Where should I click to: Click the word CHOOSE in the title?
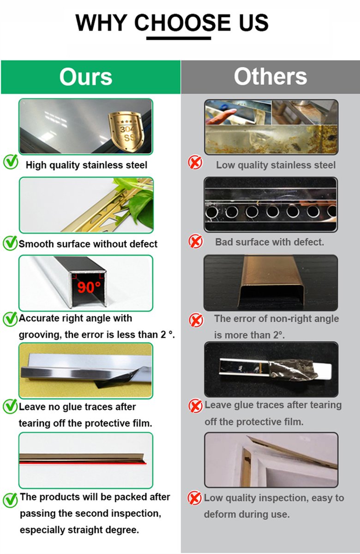[182, 23]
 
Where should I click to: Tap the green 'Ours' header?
[91, 77]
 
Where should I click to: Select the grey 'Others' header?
[270, 77]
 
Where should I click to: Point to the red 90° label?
[89, 287]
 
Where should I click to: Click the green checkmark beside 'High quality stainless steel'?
[11, 162]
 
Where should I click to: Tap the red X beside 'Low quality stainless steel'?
[195, 162]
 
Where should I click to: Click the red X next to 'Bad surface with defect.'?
[196, 241]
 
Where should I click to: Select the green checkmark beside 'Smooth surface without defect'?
[10, 243]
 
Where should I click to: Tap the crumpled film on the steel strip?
[293, 369]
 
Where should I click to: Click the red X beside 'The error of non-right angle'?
[196, 320]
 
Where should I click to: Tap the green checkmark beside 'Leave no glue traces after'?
[10, 406]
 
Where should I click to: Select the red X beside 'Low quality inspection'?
[195, 498]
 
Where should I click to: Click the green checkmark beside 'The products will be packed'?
[10, 500]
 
